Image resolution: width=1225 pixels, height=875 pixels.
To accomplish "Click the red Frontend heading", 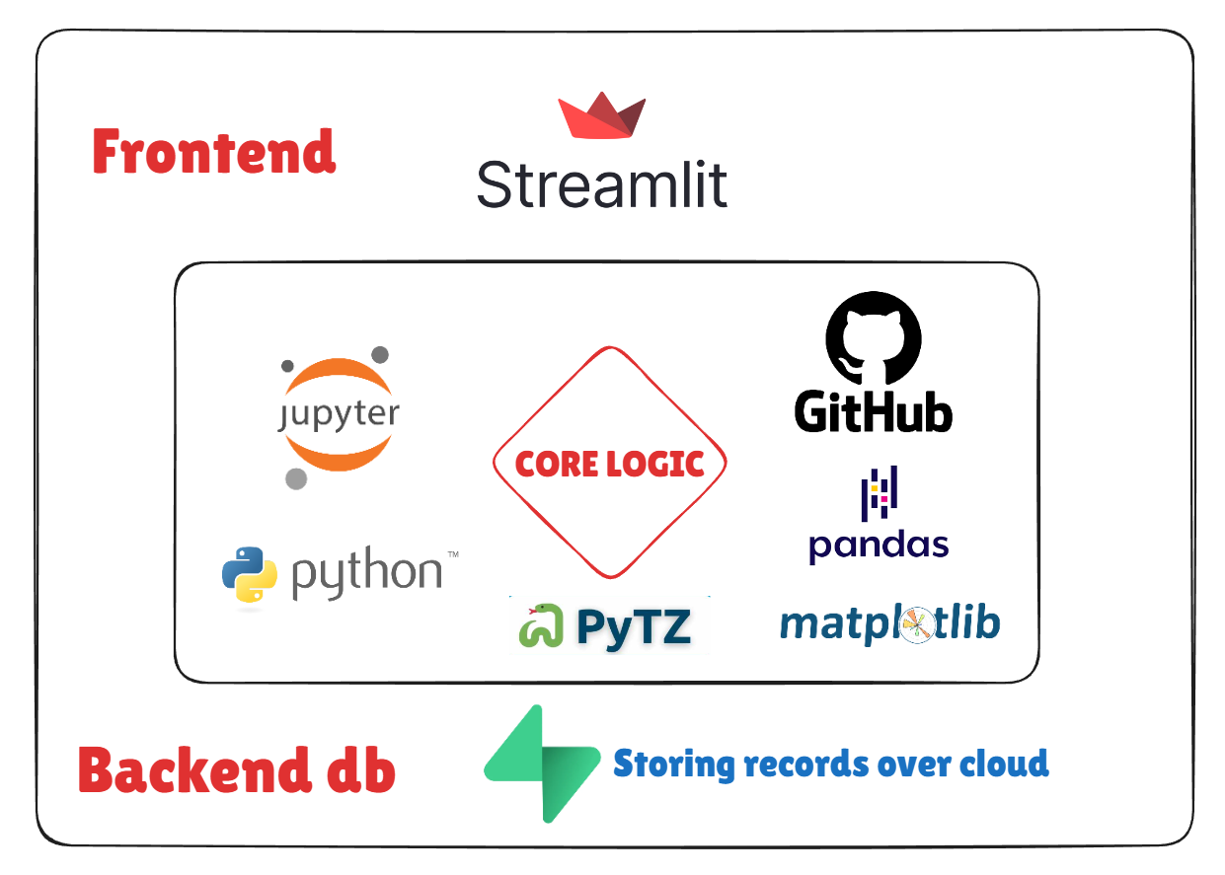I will (214, 153).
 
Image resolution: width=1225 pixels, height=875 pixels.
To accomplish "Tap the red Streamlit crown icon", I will (601, 115).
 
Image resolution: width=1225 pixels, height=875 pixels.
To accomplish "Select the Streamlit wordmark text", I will (601, 184).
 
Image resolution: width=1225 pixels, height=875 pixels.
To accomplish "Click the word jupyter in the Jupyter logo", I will (337, 415).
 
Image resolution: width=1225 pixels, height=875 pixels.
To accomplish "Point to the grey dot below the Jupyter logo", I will (295, 479).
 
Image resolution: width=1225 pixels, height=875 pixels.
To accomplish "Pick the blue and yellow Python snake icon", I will (249, 574).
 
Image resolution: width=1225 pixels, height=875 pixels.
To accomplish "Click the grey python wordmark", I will (366, 573).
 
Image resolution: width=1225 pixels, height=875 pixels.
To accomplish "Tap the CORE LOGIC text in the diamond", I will (609, 463).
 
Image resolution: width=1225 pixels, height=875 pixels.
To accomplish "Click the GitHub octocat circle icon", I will (873, 337).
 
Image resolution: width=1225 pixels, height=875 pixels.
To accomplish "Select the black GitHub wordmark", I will (874, 410).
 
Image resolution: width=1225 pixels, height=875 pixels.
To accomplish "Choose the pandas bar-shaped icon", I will (879, 493).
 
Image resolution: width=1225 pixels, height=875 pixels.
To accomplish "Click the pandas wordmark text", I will (879, 546).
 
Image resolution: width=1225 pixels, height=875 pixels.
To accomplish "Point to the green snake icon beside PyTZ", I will (541, 625).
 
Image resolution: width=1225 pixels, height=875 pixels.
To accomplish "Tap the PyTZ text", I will (633, 626).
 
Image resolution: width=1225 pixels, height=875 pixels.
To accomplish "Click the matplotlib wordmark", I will (889, 623).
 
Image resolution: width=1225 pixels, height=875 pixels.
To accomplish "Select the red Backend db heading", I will (237, 770).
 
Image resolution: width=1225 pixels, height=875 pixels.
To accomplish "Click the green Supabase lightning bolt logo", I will (542, 764).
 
